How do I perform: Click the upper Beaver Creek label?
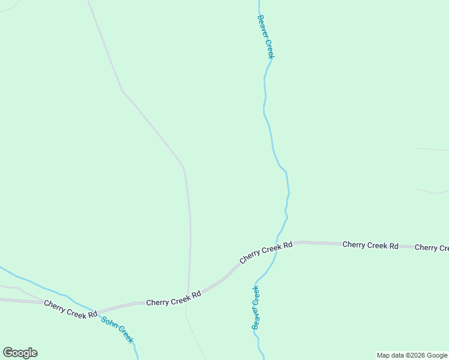[265, 37]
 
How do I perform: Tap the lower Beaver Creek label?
[256, 308]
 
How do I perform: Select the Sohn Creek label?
[117, 329]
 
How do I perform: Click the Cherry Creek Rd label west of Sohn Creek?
[70, 309]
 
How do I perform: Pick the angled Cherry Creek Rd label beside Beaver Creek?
[266, 252]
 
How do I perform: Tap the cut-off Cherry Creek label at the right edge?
[432, 248]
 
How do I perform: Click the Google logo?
[20, 353]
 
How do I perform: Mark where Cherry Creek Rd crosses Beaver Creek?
[277, 250]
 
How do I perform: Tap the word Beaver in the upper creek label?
[262, 26]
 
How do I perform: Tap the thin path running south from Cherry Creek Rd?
[195, 336]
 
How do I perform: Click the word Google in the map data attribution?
[438, 356]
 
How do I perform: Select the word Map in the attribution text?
[384, 356]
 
